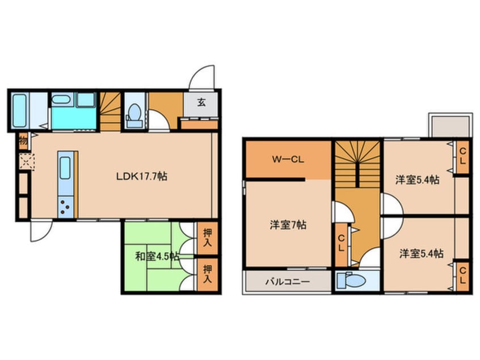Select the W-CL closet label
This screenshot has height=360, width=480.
pyautogui.click(x=287, y=160)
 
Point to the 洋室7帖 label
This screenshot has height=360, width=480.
pyautogui.click(x=288, y=224)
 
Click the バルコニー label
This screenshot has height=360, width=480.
pyautogui.click(x=287, y=281)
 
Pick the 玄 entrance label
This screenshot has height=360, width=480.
pyautogui.click(x=201, y=103)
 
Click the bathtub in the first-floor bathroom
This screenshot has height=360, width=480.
pyautogui.click(x=19, y=111)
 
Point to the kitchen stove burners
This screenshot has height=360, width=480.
pyautogui.click(x=65, y=208)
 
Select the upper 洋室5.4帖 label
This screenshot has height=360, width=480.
pyautogui.click(x=418, y=179)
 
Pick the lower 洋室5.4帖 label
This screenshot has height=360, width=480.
pyautogui.click(x=421, y=253)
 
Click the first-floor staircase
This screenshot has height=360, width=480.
pyautogui.click(x=111, y=111)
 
